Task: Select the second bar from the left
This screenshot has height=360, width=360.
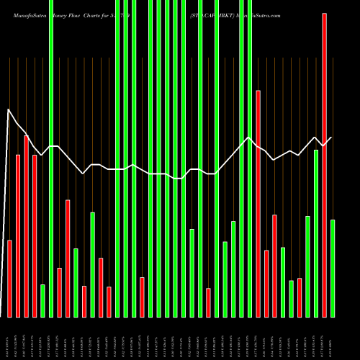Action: tap(18, 235)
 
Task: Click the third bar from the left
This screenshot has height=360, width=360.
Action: tap(26, 226)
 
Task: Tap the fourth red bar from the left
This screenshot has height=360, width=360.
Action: tap(35, 235)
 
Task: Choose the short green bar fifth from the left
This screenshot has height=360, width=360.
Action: tap(42, 300)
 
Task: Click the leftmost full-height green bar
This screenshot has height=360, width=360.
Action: tap(51, 158)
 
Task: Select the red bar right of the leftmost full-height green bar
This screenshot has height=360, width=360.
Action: tap(59, 292)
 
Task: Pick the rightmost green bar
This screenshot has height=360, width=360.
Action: tap(332, 268)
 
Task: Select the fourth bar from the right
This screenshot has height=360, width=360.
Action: tap(307, 266)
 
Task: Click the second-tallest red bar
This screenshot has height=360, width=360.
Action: tap(258, 203)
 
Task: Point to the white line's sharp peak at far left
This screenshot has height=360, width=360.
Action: tap(8, 109)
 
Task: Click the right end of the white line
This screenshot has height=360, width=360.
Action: tap(331, 138)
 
